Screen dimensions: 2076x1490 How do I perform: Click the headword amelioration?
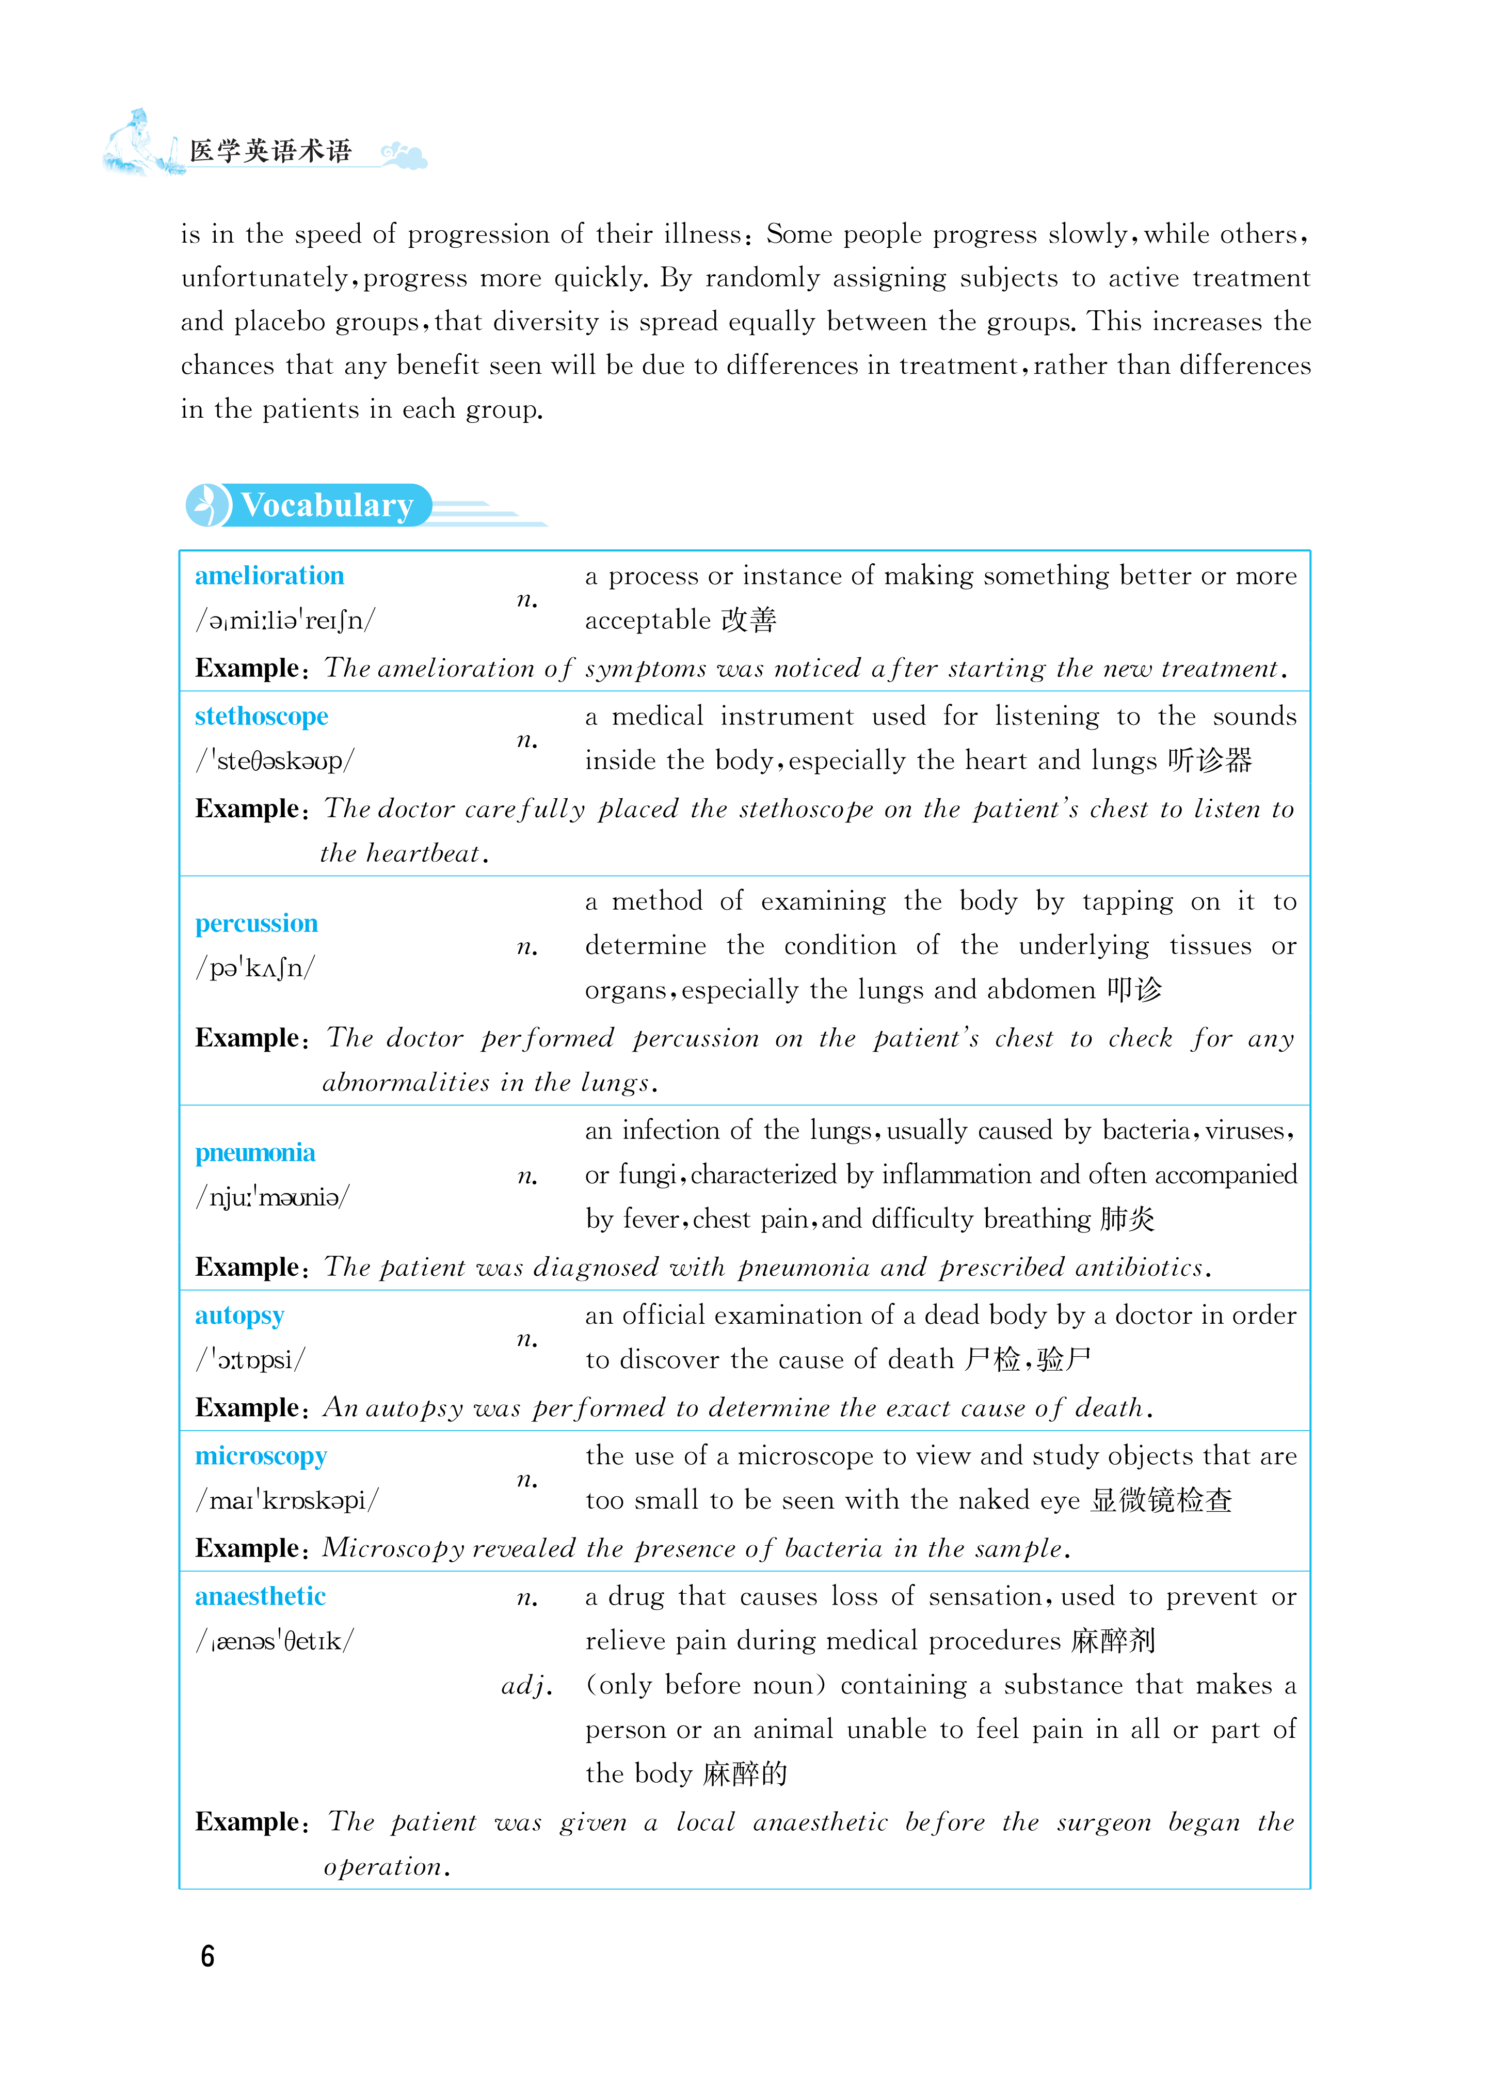(x=269, y=576)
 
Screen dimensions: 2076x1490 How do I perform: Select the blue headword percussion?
(x=257, y=924)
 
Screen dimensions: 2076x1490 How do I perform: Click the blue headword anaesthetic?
(x=260, y=1596)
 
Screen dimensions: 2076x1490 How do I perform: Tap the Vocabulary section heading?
(x=327, y=505)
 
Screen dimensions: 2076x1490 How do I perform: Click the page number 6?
(x=208, y=1956)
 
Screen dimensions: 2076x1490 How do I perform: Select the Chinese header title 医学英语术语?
(x=271, y=151)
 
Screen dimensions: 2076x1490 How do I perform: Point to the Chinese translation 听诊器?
(x=1209, y=760)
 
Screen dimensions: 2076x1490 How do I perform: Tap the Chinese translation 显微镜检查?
(x=1161, y=1500)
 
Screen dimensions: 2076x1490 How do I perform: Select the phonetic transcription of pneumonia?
(x=272, y=1197)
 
